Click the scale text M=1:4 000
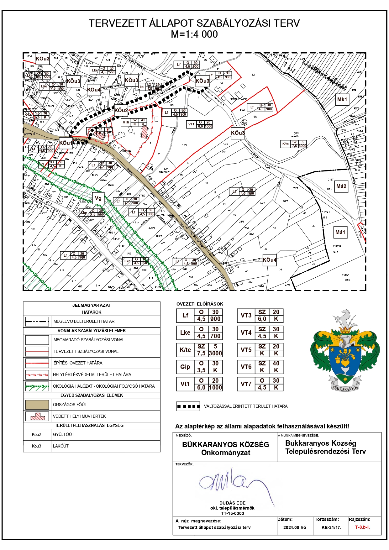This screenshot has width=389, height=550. pyautogui.click(x=194, y=34)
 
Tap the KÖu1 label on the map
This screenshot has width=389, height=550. pyautogui.click(x=66, y=143)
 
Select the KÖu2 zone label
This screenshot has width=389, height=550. pyautogui.click(x=121, y=110)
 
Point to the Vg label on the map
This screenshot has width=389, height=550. pyautogui.click(x=98, y=198)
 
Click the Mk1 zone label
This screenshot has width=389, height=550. pyautogui.click(x=342, y=100)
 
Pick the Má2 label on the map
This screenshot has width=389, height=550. pyautogui.click(x=341, y=186)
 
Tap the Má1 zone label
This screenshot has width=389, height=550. pyautogui.click(x=340, y=232)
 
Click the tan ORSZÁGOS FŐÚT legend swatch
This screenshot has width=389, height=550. pyautogui.click(x=37, y=405)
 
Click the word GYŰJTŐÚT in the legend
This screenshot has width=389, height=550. pyautogui.click(x=64, y=434)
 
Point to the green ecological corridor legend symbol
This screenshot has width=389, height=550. pyautogui.click(x=37, y=386)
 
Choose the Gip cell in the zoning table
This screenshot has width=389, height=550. pyautogui.click(x=185, y=367)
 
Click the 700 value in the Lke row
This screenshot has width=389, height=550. pyautogui.click(x=215, y=336)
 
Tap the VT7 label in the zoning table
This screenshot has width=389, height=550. pyautogui.click(x=246, y=384)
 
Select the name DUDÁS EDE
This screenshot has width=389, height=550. pyautogui.click(x=232, y=503)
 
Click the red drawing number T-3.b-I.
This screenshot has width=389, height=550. pyautogui.click(x=362, y=527)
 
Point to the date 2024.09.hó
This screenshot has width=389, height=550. pyautogui.click(x=295, y=527)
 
